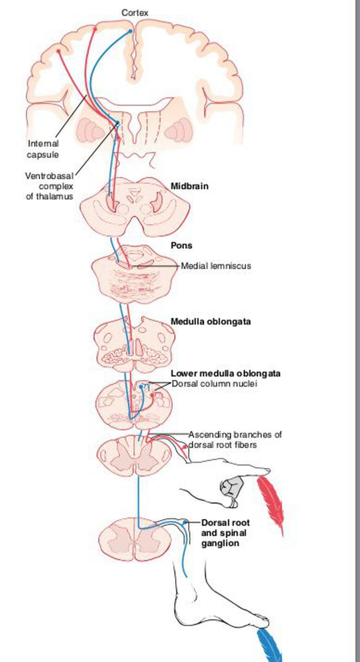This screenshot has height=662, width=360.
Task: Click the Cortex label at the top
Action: [x=135, y=13]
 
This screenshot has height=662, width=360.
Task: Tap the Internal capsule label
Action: [x=43, y=149]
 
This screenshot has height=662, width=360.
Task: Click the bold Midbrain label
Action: [x=189, y=186]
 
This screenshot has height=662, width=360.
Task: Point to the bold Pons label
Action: [x=181, y=246]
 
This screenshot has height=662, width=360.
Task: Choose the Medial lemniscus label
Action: [x=216, y=266]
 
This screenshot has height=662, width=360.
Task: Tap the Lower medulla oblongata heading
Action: [x=225, y=374]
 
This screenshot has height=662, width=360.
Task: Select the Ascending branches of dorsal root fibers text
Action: [x=235, y=440]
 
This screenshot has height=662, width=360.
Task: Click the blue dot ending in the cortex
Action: [x=130, y=31]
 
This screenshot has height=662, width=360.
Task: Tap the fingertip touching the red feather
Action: [x=265, y=471]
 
